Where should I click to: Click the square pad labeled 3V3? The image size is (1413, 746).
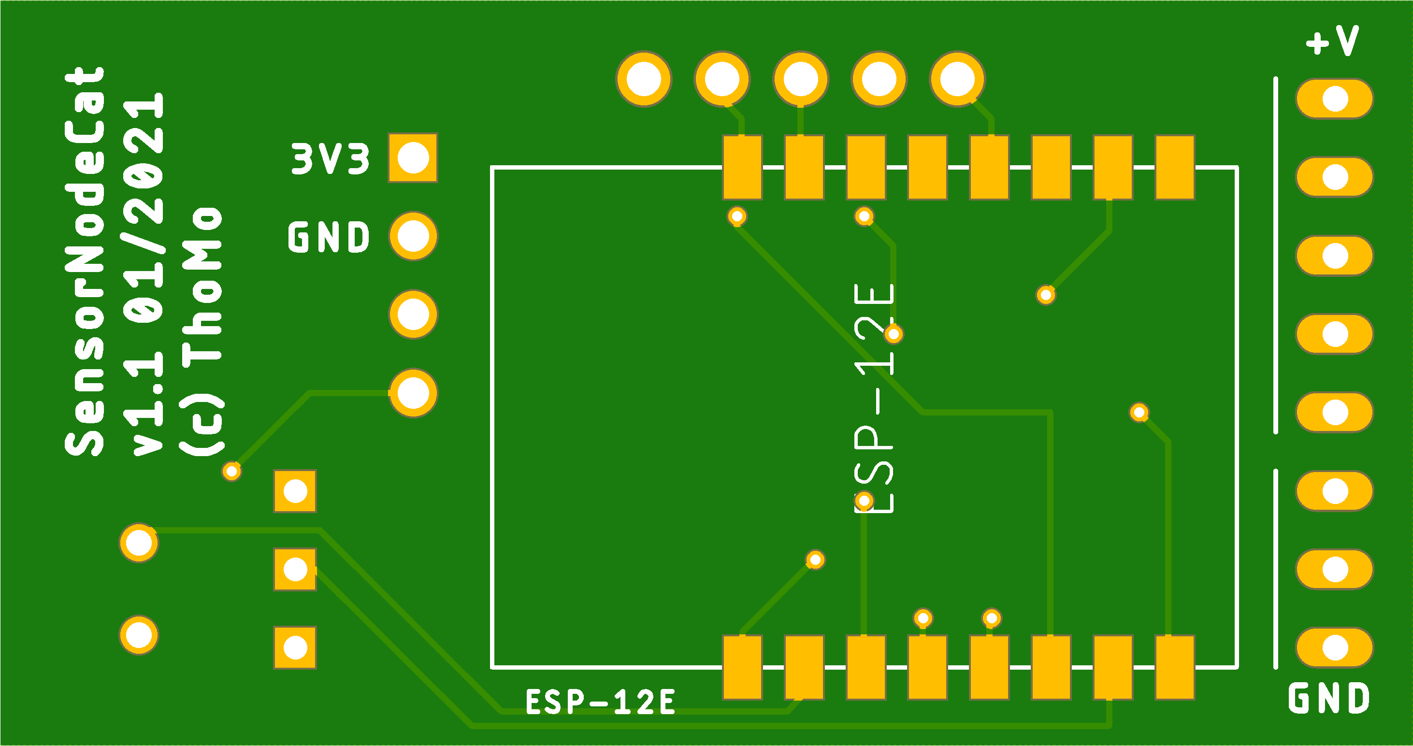point(413,158)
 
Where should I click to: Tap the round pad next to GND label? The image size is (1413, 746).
point(413,236)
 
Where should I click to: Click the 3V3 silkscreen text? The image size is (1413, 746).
point(330,159)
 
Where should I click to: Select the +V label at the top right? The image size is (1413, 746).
point(1332,41)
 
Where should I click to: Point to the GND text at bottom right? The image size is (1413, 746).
point(1329,698)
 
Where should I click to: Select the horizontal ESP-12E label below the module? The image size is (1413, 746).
point(600,703)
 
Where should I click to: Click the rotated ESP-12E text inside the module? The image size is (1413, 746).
point(874,399)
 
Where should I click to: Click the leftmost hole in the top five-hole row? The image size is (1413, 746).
point(643,79)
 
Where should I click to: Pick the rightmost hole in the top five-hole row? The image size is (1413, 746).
point(957,79)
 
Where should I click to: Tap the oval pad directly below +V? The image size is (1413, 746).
point(1335,99)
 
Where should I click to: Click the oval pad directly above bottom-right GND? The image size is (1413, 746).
point(1335,648)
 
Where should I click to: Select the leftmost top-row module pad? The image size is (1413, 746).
point(742,167)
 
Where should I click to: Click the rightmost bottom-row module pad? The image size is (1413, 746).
point(1175,668)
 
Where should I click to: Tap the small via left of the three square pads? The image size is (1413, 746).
point(231,471)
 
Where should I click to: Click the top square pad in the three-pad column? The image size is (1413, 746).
point(295,491)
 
